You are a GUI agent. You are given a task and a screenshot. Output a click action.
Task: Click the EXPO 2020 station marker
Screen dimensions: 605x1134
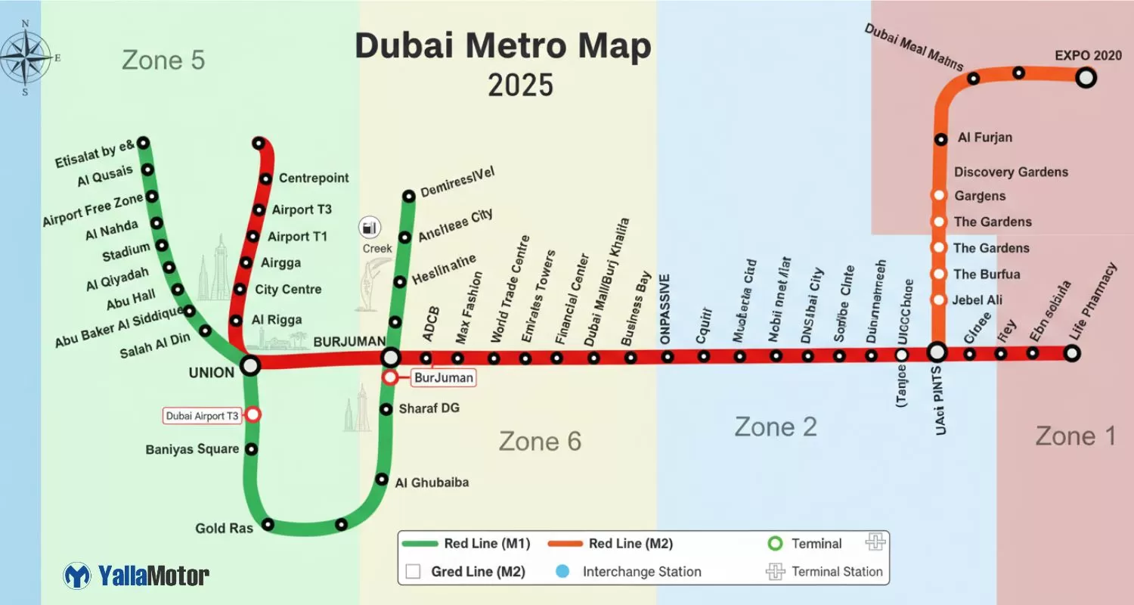[1086, 77]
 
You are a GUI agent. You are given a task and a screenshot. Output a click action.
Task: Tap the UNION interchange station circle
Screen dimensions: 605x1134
[249, 366]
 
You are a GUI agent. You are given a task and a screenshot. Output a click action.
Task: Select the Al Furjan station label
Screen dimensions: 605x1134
[984, 138]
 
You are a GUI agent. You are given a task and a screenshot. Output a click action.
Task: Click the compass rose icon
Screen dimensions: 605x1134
[26, 57]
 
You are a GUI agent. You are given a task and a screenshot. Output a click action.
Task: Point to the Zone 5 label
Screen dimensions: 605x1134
[163, 60]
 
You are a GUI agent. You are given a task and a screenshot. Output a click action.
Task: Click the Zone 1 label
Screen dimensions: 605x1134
[1075, 436]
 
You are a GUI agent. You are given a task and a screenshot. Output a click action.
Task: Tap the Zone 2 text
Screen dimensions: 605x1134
[776, 427]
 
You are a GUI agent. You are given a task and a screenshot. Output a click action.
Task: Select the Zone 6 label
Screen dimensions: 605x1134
[540, 441]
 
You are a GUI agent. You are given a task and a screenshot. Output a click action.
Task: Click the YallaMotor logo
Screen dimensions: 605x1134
[136, 576]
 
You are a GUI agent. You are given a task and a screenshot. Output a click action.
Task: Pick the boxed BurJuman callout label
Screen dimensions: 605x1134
[444, 377]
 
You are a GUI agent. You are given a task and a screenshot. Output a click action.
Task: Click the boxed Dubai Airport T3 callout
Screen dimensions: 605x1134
[202, 416]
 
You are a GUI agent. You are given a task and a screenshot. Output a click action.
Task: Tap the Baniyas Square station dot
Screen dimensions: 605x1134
[252, 449]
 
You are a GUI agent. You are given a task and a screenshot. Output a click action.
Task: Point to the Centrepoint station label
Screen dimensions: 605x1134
[314, 178]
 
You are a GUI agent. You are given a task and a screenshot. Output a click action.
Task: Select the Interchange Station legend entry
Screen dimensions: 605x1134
[641, 572]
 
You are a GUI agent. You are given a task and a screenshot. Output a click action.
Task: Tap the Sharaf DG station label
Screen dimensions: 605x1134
[429, 408]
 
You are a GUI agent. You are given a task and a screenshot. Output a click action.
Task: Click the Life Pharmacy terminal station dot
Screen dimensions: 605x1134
[1071, 352]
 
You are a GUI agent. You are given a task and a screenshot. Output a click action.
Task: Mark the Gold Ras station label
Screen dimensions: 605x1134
[224, 528]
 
